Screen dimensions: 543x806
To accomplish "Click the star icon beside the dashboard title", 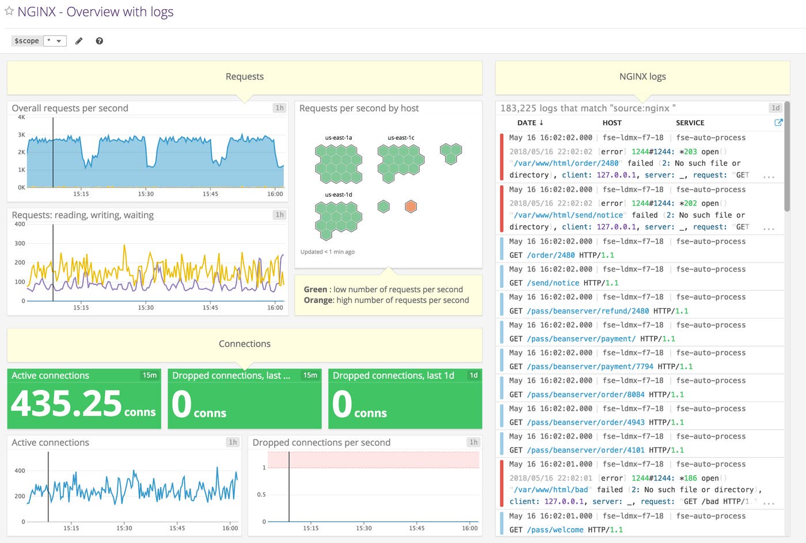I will [x=9, y=12].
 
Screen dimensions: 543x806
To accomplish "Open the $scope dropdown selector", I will [x=55, y=41].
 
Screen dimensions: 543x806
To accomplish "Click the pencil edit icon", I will [x=79, y=41].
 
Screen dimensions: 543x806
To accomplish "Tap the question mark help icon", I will [x=99, y=41].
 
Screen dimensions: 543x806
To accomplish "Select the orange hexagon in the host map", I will [x=410, y=207].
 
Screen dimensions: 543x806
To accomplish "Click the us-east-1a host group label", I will [x=339, y=138].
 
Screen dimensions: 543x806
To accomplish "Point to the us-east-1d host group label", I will [x=339, y=195].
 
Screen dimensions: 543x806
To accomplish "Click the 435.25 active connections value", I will [x=66, y=404].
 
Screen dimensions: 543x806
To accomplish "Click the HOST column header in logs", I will [x=611, y=123].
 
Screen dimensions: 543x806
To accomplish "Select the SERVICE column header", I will [x=690, y=123].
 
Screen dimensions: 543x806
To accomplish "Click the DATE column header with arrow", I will [x=530, y=123].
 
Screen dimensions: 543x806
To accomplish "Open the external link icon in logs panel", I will [x=778, y=123].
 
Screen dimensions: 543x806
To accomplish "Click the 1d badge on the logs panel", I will [x=775, y=108].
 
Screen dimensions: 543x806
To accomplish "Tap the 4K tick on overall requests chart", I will [x=21, y=117].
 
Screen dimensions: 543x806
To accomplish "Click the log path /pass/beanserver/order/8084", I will [x=586, y=395].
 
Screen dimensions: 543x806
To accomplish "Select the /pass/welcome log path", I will [x=555, y=530].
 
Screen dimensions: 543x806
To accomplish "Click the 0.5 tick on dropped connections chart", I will [x=261, y=495].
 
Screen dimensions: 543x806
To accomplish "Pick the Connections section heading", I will [x=244, y=344].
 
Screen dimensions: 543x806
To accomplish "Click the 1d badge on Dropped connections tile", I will [x=473, y=375].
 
